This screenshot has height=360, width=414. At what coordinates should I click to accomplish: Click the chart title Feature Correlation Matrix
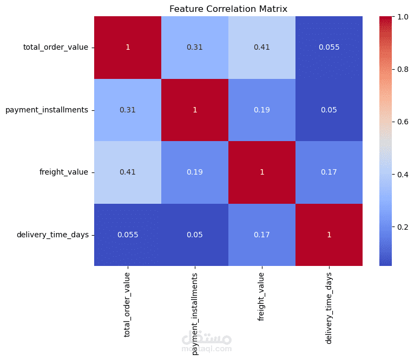[x=228, y=9]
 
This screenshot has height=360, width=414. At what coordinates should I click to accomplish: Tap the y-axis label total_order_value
[x=55, y=48]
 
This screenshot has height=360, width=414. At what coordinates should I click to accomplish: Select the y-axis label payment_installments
[x=47, y=110]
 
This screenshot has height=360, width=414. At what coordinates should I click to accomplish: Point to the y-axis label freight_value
[x=64, y=172]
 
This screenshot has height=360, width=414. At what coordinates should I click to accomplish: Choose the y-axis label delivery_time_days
[x=52, y=235]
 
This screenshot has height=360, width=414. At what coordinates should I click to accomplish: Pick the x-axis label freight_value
[x=262, y=295]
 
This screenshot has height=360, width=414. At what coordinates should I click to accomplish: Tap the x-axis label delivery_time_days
[x=329, y=302]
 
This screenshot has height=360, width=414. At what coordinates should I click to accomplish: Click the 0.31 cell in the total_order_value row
[x=195, y=48]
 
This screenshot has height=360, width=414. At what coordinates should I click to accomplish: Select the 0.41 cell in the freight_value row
[x=128, y=172]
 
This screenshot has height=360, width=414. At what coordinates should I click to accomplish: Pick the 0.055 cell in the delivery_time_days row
[x=128, y=235]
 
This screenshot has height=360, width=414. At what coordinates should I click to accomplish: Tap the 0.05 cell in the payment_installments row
[x=329, y=110]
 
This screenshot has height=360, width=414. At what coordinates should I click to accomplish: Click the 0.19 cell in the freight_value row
[x=195, y=172]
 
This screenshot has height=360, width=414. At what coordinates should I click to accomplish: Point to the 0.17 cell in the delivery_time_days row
[x=262, y=235]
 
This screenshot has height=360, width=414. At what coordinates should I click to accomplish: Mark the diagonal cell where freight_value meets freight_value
[x=262, y=172]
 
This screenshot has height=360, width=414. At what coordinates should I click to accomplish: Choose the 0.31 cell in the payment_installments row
[x=128, y=110]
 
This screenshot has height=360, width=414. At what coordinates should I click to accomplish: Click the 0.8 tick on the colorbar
[x=403, y=69]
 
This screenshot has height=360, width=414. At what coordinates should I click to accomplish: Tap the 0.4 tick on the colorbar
[x=403, y=174]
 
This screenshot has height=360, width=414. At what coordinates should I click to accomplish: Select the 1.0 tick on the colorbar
[x=403, y=17]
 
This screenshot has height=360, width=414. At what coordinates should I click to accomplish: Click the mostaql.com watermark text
[x=207, y=349]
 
